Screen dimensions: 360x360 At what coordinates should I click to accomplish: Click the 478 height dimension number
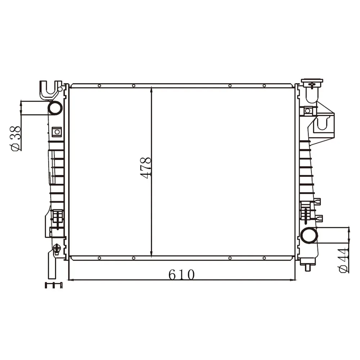[x=145, y=168]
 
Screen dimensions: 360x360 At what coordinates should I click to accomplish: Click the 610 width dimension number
[x=181, y=275]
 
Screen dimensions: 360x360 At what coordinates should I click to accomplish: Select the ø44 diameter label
[x=343, y=260]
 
